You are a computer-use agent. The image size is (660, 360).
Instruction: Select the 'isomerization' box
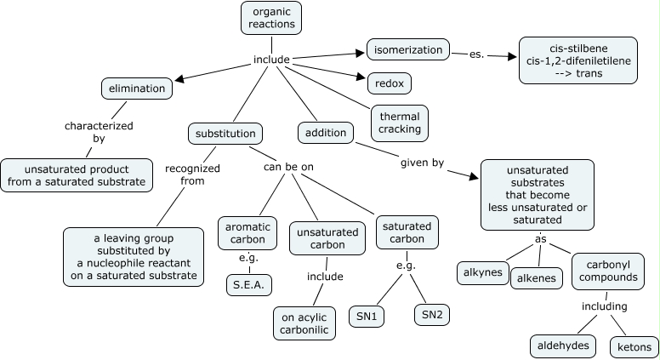click(x=407, y=49)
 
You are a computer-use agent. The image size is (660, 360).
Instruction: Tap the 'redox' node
click(x=389, y=83)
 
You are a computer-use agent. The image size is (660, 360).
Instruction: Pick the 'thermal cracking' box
click(x=399, y=123)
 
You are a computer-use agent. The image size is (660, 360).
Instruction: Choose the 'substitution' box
click(x=225, y=134)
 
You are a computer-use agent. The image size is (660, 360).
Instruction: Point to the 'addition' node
click(x=326, y=134)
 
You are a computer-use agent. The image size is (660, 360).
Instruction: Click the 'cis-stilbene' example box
click(x=577, y=60)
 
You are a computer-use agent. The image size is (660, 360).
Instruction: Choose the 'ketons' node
click(x=634, y=347)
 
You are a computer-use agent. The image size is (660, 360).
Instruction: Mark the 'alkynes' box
click(x=482, y=274)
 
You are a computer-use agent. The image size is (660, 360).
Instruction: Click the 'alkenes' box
click(x=538, y=278)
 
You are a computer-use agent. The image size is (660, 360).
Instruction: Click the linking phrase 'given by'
click(x=422, y=163)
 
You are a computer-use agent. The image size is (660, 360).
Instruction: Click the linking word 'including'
click(x=604, y=306)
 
